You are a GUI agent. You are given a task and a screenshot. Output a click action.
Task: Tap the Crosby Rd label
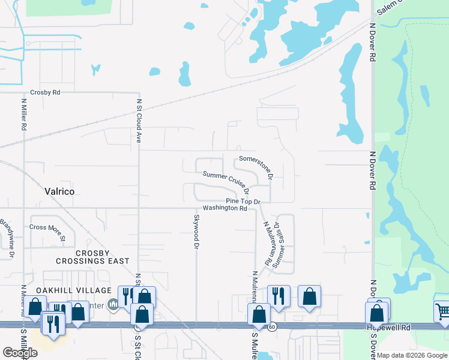tap(46, 93)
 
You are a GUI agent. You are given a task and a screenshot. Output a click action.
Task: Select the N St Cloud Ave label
tap(139, 121)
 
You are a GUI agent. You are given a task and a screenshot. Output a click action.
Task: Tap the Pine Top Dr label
tap(244, 201)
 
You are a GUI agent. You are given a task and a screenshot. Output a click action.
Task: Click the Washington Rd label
tap(225, 209)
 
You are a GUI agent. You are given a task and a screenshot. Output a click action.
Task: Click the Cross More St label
tap(47, 227)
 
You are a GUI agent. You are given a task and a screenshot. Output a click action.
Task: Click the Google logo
tap(20, 353)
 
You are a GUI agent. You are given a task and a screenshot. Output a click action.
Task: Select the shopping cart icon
tap(442, 311)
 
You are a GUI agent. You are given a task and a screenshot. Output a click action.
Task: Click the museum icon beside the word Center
tap(111, 305)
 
